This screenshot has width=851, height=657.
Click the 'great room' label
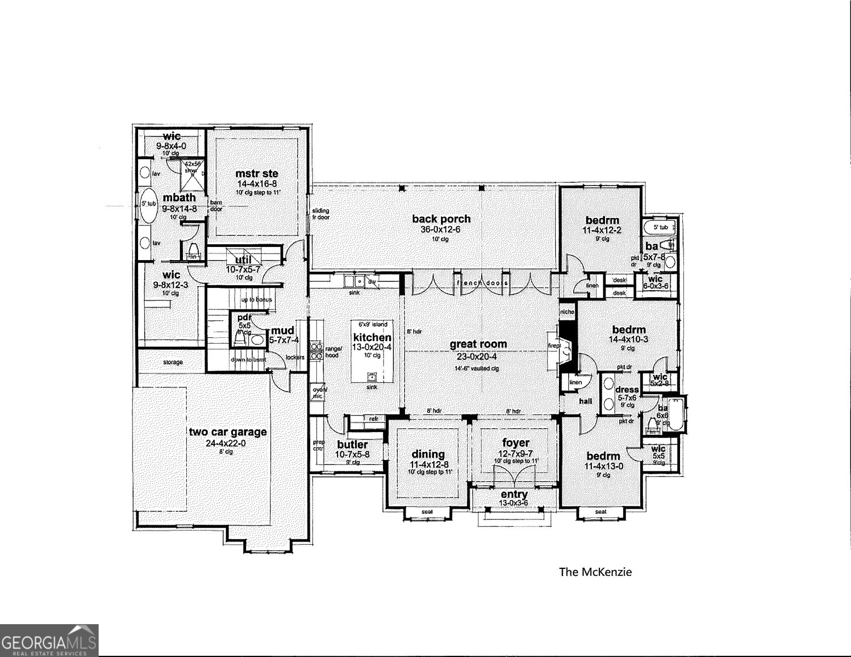coord(478,344)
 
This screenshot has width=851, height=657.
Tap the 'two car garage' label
coord(227,432)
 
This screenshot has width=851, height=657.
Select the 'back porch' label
coord(441,219)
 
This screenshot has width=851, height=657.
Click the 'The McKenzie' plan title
coord(595,572)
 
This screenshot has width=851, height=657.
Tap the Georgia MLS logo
coord(49,640)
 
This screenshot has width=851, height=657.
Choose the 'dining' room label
coord(428,454)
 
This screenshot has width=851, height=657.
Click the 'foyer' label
coord(516,442)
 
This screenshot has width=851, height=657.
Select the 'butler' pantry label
coord(352,445)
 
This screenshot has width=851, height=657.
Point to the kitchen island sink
coord(372,377)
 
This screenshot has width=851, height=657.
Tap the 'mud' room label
coord(283,330)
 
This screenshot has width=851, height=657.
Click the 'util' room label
coord(243,260)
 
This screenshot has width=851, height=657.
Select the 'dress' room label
coord(627,390)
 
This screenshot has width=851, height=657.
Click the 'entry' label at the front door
coord(514,494)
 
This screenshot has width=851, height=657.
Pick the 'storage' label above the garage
coord(173,362)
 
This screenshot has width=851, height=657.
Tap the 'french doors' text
coord(482,283)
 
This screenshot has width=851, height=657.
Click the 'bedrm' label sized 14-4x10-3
coord(629,330)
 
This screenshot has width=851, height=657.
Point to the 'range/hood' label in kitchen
coord(333,351)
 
